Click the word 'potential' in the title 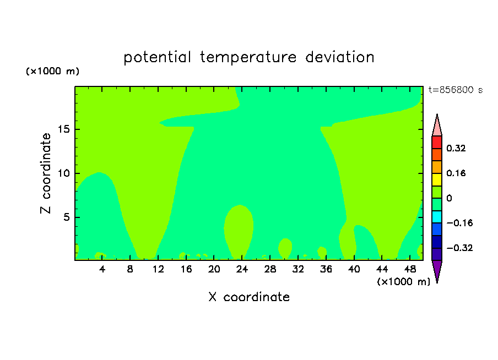157,57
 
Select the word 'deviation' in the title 339,57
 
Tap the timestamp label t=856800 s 456,90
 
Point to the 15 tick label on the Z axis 63,129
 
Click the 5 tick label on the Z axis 66,217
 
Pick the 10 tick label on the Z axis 63,173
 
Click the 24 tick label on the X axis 242,269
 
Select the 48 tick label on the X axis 410,269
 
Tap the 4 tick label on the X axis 102,269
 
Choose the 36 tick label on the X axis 326,269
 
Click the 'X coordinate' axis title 249,297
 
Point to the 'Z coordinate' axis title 46,173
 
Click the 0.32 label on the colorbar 456,148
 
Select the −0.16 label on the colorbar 459,223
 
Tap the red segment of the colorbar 437,142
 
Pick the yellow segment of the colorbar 437,179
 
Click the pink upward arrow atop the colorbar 437,126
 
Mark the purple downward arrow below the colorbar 437,271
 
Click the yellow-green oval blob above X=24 239,231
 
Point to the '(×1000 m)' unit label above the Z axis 52,71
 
